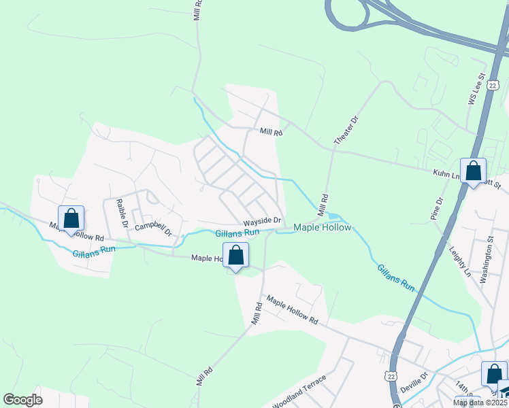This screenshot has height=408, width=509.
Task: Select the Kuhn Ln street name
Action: pyautogui.click(x=445, y=174)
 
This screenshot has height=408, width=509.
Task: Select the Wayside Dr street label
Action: pyautogui.click(x=263, y=221)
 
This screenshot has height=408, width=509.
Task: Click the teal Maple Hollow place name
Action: pyautogui.click(x=322, y=228)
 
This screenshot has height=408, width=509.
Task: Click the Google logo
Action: pyautogui.click(x=22, y=400)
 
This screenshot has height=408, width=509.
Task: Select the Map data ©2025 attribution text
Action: pyautogui.click(x=480, y=403)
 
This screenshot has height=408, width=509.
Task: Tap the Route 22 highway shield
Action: pyautogui.click(x=389, y=376)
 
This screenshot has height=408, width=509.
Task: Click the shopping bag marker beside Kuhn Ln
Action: pyautogui.click(x=473, y=171)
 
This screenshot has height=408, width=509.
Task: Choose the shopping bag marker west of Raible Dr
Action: pyautogui.click(x=71, y=218)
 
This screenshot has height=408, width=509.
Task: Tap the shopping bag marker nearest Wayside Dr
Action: pyautogui.click(x=236, y=256)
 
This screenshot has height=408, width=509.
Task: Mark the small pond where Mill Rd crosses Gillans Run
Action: pyautogui.click(x=330, y=216)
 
